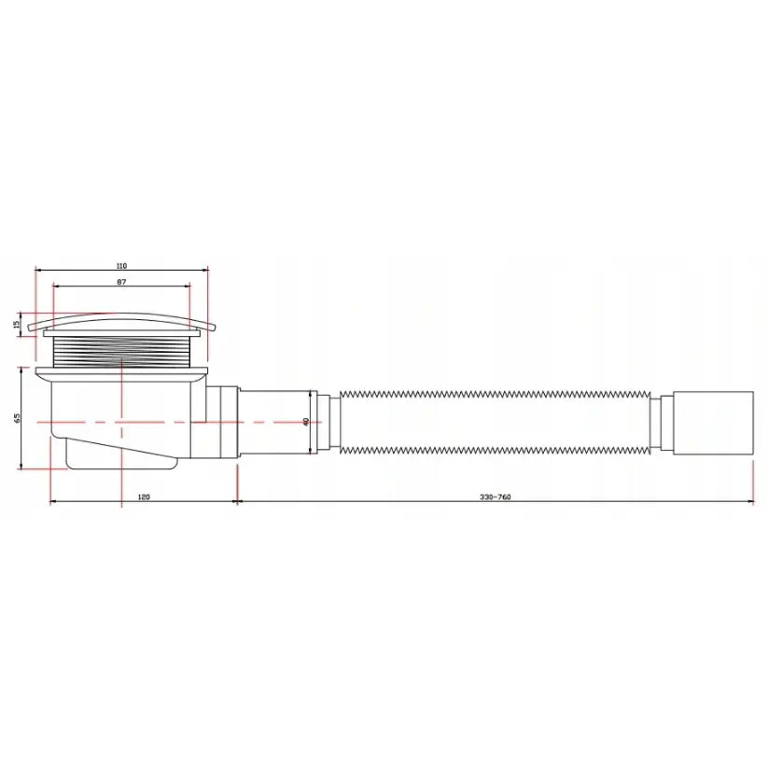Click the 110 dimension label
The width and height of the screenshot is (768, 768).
[121, 266]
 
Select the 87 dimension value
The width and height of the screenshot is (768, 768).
[121, 282]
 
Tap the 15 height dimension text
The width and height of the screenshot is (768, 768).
[16, 324]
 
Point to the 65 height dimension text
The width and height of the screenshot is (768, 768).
[17, 418]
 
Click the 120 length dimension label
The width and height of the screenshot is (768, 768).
[144, 496]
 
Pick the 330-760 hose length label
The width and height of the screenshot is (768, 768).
[495, 496]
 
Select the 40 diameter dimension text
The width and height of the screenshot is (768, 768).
[306, 422]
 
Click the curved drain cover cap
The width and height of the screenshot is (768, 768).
[122, 319]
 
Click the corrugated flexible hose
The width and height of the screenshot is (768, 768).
[495, 422]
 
